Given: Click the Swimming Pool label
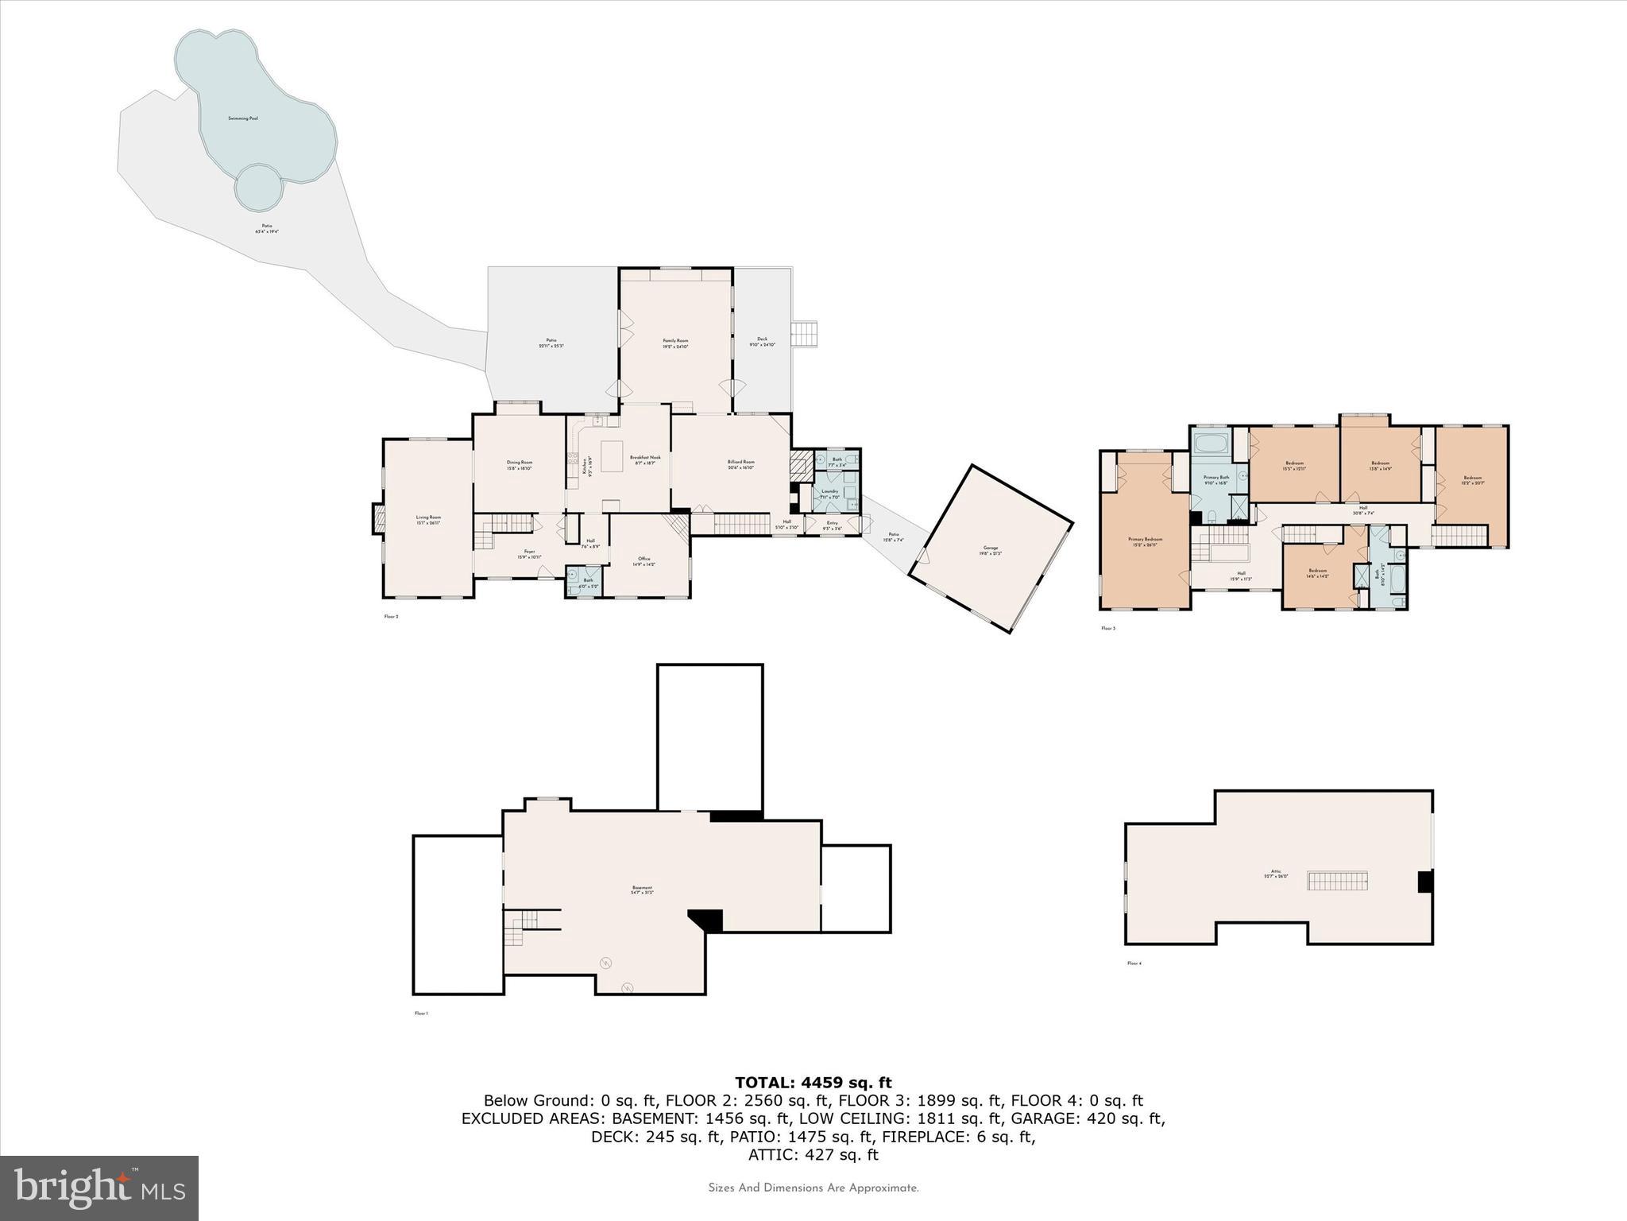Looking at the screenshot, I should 243,118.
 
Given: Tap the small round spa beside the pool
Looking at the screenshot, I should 258,188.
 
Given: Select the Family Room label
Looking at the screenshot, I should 675,343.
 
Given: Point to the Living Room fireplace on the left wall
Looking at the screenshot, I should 378,520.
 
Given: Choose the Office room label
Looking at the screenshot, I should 643,560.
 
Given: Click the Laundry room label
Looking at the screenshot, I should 829,494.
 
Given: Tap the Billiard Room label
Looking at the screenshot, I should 740,464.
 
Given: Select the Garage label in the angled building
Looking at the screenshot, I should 990,549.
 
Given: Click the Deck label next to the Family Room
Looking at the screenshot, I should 762,341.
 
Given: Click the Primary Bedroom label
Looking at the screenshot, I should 1145,541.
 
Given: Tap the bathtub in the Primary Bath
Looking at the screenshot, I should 1210,443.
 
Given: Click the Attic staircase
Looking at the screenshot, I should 1339,881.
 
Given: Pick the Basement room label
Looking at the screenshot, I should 642,890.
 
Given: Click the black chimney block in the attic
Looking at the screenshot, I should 1425,882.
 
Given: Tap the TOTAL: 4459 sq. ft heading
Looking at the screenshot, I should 813,1083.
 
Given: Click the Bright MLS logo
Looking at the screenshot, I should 99,1188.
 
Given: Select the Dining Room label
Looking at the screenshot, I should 520,464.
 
